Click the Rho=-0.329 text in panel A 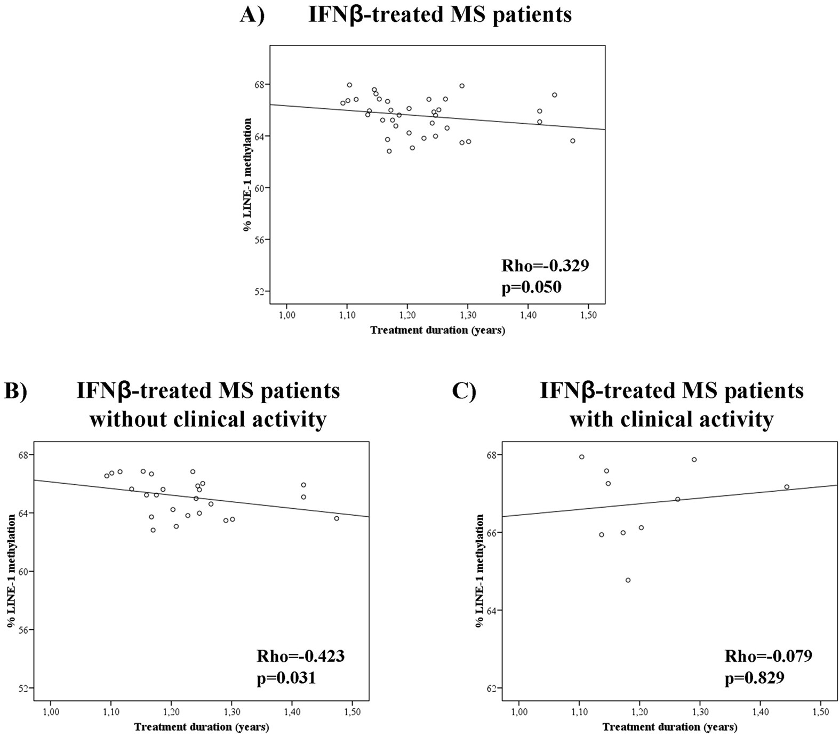coord(545,266)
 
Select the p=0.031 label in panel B coord(286,678)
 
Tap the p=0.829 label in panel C coord(754,678)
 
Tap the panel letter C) coord(463,391)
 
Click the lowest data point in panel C coord(628,580)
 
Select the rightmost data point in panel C coord(786,487)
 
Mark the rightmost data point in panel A coord(573,141)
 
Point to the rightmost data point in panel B coord(337,518)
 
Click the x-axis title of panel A coord(437,330)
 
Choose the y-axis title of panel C coord(479,571)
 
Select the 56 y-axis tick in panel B coord(23,630)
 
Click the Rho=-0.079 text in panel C coord(768,655)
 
